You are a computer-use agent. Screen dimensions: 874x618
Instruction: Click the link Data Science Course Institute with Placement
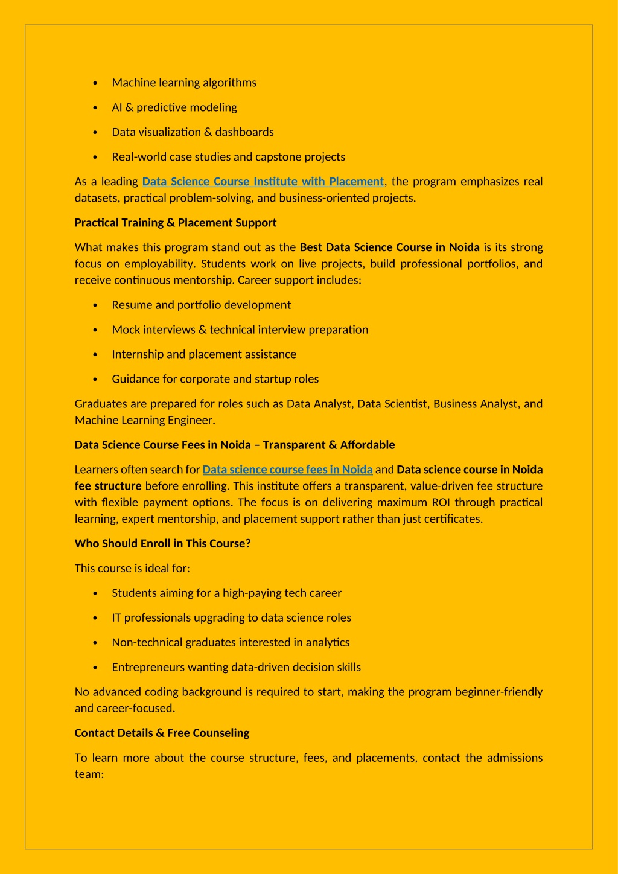click(x=263, y=182)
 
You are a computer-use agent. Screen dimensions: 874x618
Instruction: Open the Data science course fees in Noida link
click(x=287, y=470)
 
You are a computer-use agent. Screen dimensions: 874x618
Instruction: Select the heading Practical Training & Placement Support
click(x=175, y=223)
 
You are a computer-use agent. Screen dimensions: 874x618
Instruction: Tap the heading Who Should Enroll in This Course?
click(x=162, y=543)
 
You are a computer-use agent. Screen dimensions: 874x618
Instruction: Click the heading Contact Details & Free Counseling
click(x=162, y=733)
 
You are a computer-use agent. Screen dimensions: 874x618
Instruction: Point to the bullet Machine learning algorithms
click(x=184, y=83)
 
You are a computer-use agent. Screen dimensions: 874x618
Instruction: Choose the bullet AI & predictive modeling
click(x=174, y=107)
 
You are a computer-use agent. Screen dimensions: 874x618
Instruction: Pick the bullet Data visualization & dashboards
click(x=193, y=132)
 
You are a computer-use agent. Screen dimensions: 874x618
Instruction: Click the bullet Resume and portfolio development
click(x=201, y=305)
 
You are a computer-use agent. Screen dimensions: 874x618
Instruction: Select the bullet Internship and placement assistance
click(x=204, y=354)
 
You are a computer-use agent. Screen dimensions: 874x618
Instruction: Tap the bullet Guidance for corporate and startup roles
click(x=215, y=379)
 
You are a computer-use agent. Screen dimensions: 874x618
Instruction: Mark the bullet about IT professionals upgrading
click(x=231, y=617)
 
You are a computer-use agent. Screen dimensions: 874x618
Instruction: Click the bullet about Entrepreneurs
click(x=236, y=667)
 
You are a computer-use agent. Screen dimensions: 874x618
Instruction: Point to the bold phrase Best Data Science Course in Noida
click(x=389, y=247)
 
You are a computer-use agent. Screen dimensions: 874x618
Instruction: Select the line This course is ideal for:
click(x=132, y=568)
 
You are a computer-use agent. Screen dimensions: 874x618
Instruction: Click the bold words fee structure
click(x=108, y=486)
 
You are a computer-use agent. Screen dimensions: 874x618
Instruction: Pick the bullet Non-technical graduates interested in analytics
click(x=231, y=642)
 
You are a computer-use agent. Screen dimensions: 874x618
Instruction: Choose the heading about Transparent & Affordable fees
click(x=234, y=445)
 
